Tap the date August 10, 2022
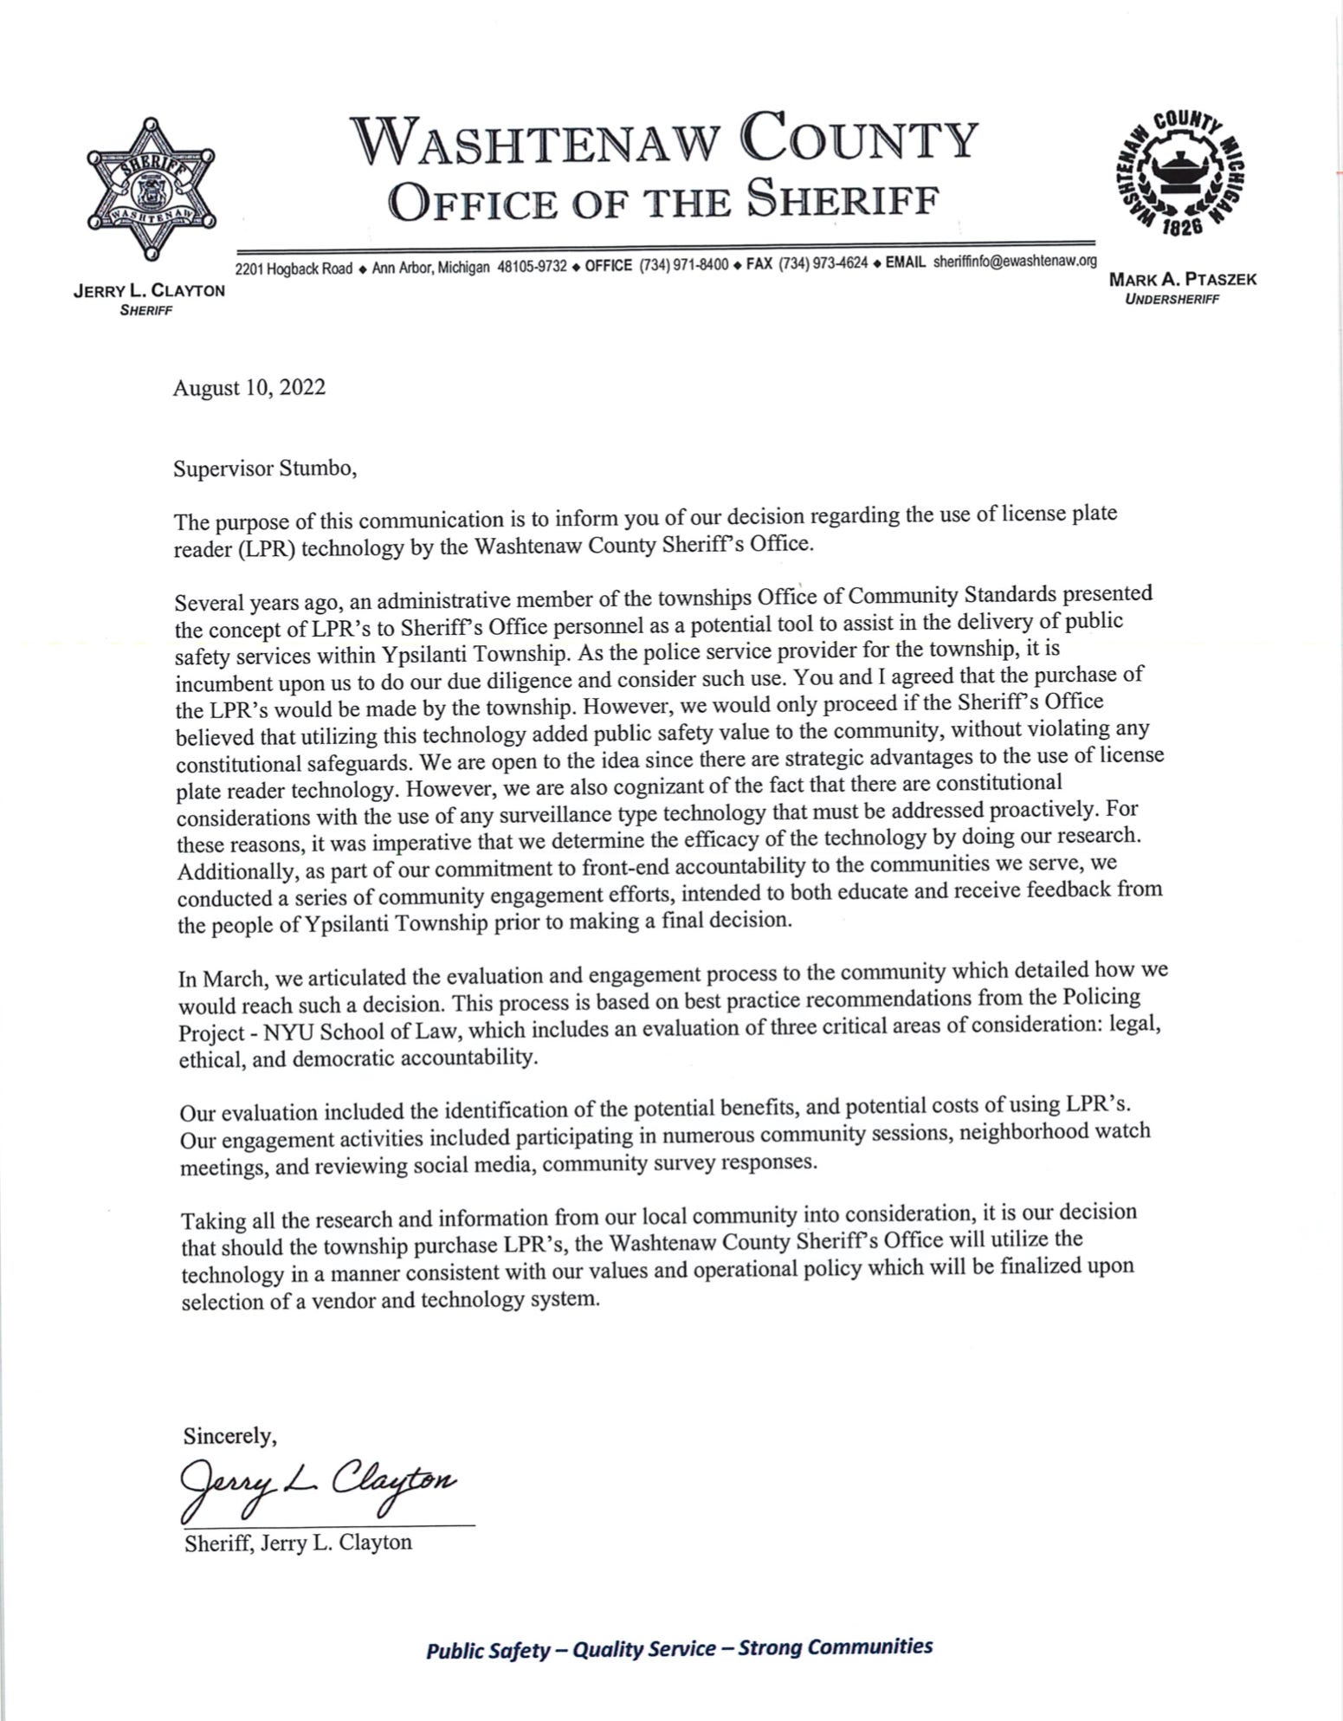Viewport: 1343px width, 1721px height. [x=249, y=387]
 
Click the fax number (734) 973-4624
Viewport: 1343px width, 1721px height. [x=823, y=264]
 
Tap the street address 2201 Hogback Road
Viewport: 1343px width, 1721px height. [x=294, y=268]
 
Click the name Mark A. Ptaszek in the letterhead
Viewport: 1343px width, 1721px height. [x=1182, y=279]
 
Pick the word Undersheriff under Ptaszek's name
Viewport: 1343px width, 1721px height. [x=1172, y=300]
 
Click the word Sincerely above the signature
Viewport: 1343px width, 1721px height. [x=229, y=1436]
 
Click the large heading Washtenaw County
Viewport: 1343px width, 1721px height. [x=664, y=140]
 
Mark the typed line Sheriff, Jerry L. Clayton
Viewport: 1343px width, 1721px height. [x=298, y=1543]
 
